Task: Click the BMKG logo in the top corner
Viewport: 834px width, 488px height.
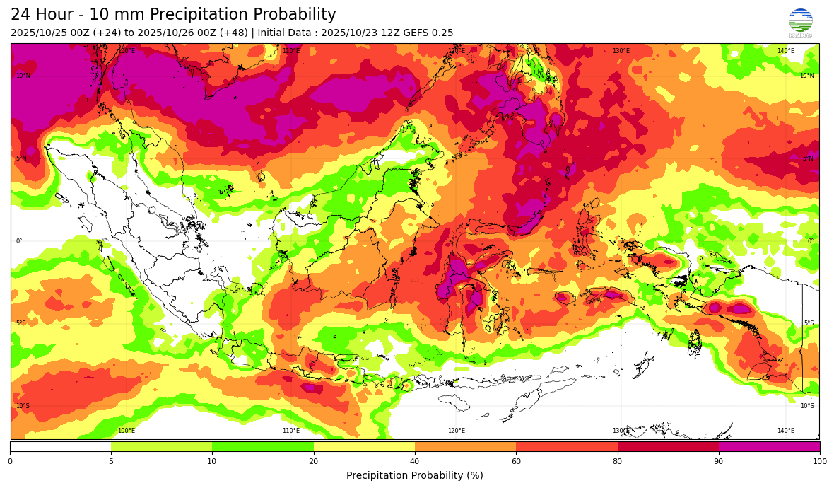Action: tap(800, 22)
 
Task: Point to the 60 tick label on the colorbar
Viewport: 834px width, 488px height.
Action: tap(516, 461)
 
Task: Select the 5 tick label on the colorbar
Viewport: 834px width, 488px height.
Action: tap(111, 461)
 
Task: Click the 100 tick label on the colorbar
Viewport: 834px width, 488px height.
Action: tap(819, 461)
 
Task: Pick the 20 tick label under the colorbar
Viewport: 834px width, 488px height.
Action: tap(313, 461)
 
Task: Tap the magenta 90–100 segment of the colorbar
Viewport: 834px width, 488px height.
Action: tap(769, 446)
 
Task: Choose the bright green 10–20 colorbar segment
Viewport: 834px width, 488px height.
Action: tap(262, 446)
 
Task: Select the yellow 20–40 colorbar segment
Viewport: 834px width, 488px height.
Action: tap(364, 446)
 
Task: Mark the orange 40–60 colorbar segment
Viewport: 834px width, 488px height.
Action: tap(465, 446)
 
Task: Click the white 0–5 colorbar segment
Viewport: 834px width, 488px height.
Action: tap(61, 446)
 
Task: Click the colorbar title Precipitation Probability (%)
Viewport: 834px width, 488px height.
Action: tap(415, 475)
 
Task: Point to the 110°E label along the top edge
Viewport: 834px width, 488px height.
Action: tap(291, 51)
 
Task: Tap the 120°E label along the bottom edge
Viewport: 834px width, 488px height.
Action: tap(457, 431)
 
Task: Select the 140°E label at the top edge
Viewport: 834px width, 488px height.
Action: tap(786, 51)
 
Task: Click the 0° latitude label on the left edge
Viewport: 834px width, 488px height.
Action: tap(19, 241)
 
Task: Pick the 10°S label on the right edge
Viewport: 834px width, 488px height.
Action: tap(807, 406)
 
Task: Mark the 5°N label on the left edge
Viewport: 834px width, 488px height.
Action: tap(21, 158)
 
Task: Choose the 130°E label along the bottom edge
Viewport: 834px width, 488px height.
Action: tap(621, 431)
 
